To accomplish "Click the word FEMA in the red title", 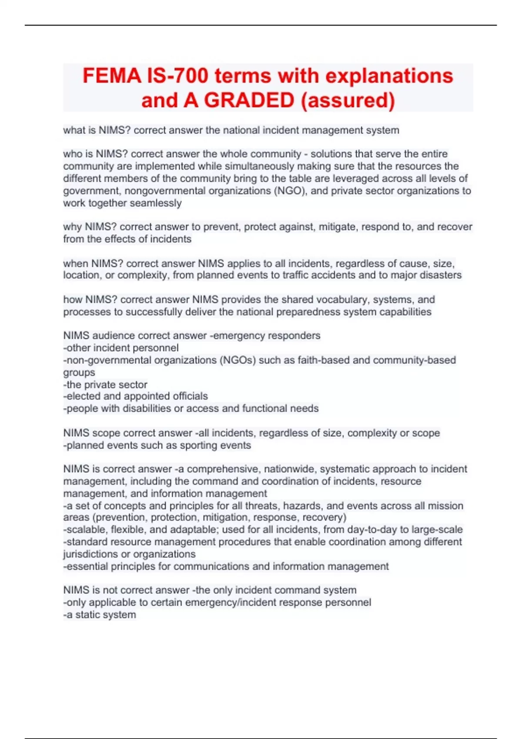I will [112, 76].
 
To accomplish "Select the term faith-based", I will [323, 360].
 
